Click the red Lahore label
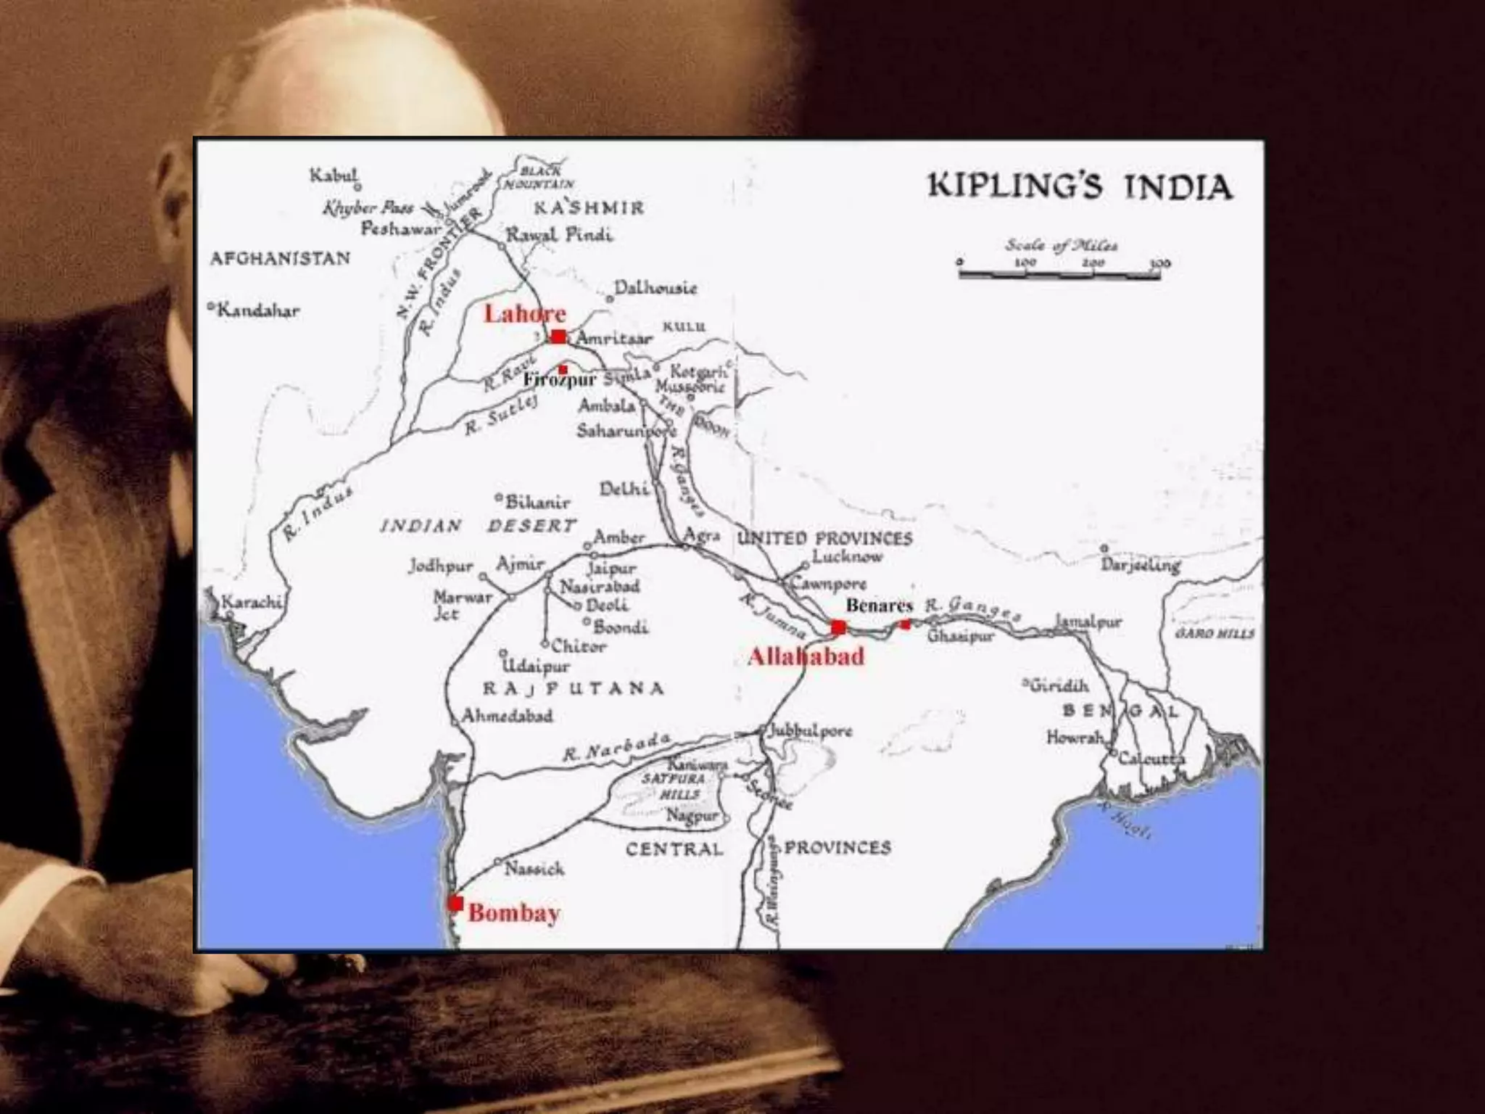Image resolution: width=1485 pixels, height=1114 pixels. click(x=524, y=313)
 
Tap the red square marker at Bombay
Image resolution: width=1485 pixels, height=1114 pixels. click(x=455, y=903)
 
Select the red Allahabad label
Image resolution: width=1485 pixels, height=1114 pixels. click(x=806, y=657)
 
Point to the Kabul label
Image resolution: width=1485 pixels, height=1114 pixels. click(x=334, y=176)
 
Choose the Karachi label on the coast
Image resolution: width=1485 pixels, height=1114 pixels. click(x=251, y=602)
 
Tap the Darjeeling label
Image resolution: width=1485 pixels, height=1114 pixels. click(x=1141, y=564)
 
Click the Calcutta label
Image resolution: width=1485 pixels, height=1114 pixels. click(x=1151, y=759)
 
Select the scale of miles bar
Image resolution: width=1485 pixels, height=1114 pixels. click(x=1059, y=274)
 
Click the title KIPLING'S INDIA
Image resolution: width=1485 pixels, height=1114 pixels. click(x=1080, y=186)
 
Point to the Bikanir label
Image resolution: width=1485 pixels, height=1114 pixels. click(x=537, y=502)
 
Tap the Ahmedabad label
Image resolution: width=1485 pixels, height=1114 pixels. click(x=508, y=716)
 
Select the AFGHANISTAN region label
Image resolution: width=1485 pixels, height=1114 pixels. click(x=280, y=259)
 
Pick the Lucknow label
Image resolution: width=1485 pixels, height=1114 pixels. click(x=847, y=557)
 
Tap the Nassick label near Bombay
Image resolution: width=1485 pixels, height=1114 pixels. click(x=534, y=868)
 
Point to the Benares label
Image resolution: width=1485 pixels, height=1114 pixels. click(x=879, y=605)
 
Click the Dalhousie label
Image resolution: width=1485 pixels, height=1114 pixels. click(x=655, y=288)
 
